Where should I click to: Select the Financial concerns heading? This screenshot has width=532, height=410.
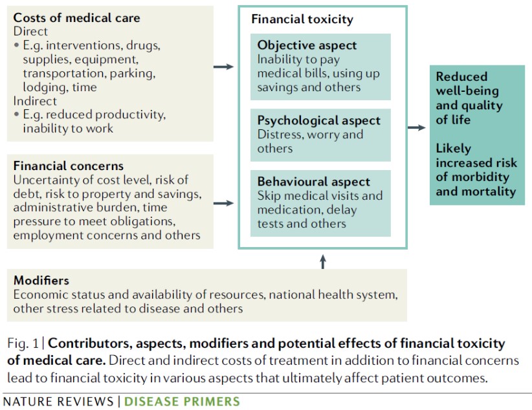point(68,166)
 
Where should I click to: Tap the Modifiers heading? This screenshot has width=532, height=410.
point(41,281)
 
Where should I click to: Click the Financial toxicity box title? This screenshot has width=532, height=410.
point(302,19)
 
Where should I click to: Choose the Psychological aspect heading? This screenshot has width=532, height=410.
point(319,121)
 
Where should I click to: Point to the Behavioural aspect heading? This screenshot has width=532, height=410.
point(314,182)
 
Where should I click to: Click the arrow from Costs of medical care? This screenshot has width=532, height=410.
point(223,67)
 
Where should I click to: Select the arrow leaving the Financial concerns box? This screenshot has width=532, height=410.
point(223,204)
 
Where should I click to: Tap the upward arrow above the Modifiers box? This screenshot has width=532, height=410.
point(324,261)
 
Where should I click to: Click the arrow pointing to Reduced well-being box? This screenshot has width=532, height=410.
point(417,127)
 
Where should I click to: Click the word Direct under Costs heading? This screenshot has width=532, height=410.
point(31,32)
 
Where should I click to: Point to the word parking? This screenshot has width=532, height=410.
point(130,73)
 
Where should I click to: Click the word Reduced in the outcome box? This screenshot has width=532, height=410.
point(461,77)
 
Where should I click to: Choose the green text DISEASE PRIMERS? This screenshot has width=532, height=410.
point(182,402)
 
